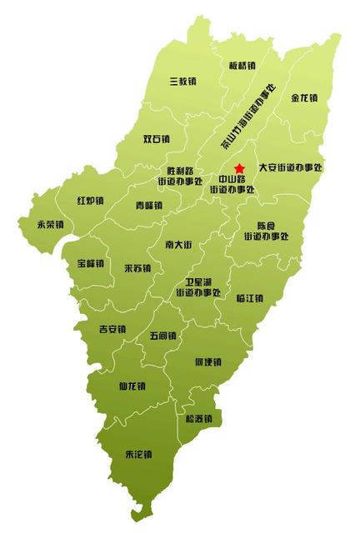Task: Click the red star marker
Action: [240, 168]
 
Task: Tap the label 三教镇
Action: [182, 82]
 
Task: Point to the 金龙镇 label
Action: [304, 97]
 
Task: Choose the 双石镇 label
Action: [157, 139]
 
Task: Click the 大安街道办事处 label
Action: [290, 167]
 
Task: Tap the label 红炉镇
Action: [90, 201]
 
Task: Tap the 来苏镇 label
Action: [137, 268]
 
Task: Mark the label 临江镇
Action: [250, 298]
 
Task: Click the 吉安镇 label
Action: [112, 328]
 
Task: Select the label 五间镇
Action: [163, 336]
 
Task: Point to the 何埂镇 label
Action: [207, 362]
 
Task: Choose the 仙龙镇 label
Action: [132, 386]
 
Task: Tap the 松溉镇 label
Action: [198, 418]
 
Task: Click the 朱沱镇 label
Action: [138, 455]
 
